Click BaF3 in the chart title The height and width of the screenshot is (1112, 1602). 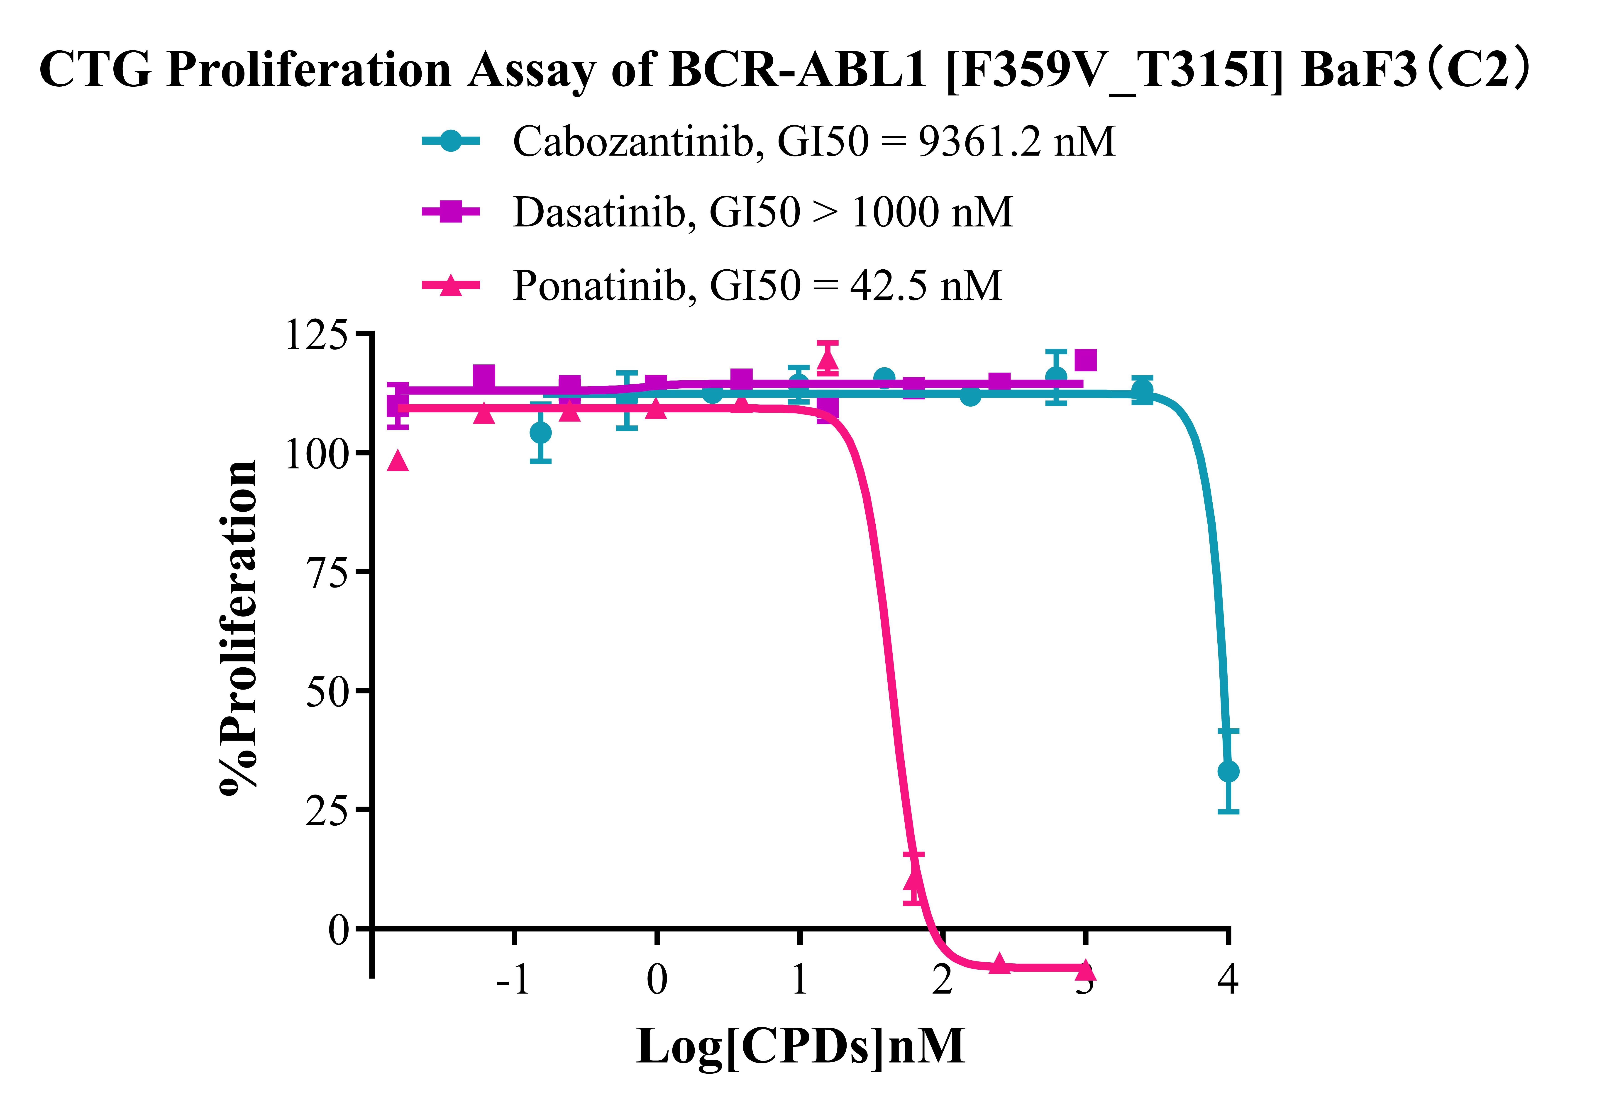1359,70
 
